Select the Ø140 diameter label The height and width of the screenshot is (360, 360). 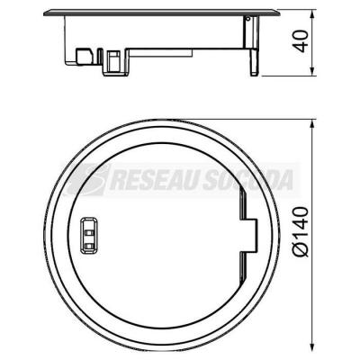[301, 231]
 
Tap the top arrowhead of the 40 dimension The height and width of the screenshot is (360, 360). [313, 14]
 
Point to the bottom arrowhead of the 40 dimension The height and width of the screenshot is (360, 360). [313, 70]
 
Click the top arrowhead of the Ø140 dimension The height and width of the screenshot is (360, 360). [313, 124]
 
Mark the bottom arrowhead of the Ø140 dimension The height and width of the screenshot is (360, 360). [313, 341]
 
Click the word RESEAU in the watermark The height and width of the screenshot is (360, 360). [153, 181]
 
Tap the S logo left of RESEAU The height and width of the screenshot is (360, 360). [86, 180]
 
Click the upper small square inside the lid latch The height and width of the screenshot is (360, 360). [89, 232]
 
